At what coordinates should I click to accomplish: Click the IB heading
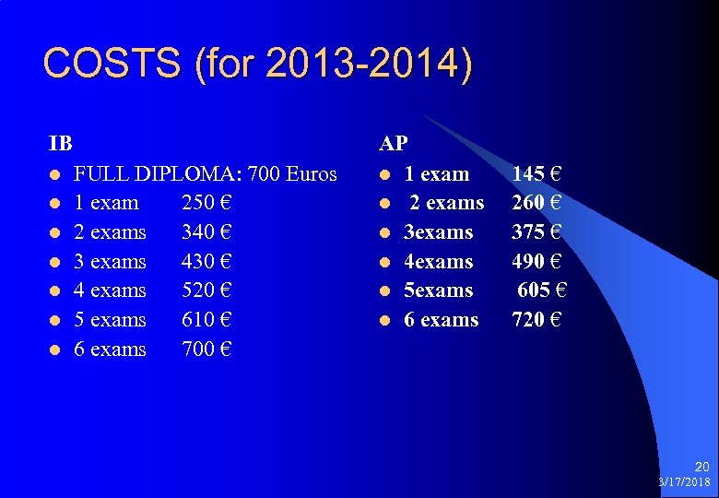pyautogui.click(x=61, y=144)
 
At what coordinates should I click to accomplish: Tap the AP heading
pyautogui.click(x=394, y=144)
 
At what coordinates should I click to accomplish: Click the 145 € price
pyautogui.click(x=537, y=173)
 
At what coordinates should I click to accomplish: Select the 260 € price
pyautogui.click(x=537, y=203)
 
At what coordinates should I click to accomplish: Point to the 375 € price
pyautogui.click(x=537, y=232)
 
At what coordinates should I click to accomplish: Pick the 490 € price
pyautogui.click(x=537, y=261)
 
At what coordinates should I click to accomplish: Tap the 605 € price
pyautogui.click(x=541, y=290)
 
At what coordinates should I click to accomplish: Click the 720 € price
pyautogui.click(x=537, y=320)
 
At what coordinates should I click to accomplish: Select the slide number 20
pyautogui.click(x=701, y=468)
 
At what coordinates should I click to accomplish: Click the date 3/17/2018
pyautogui.click(x=684, y=482)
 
